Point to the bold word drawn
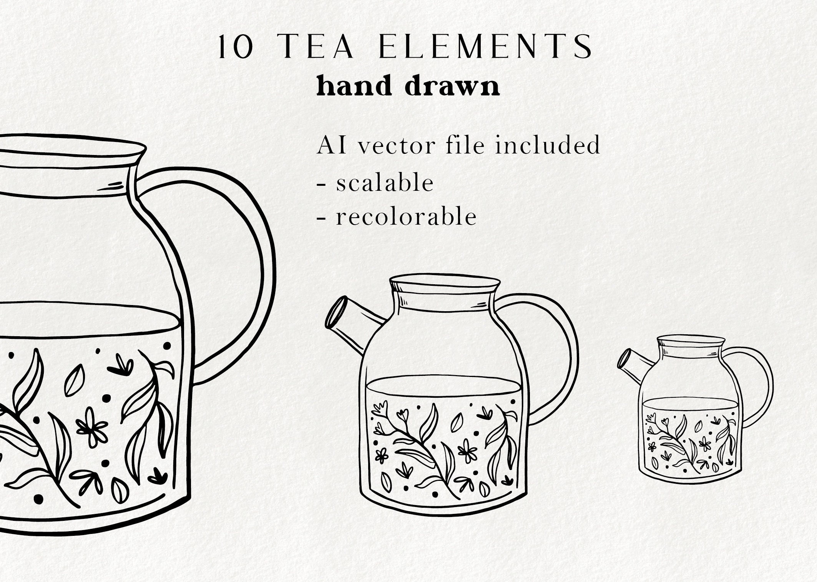452,86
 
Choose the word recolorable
406,217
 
